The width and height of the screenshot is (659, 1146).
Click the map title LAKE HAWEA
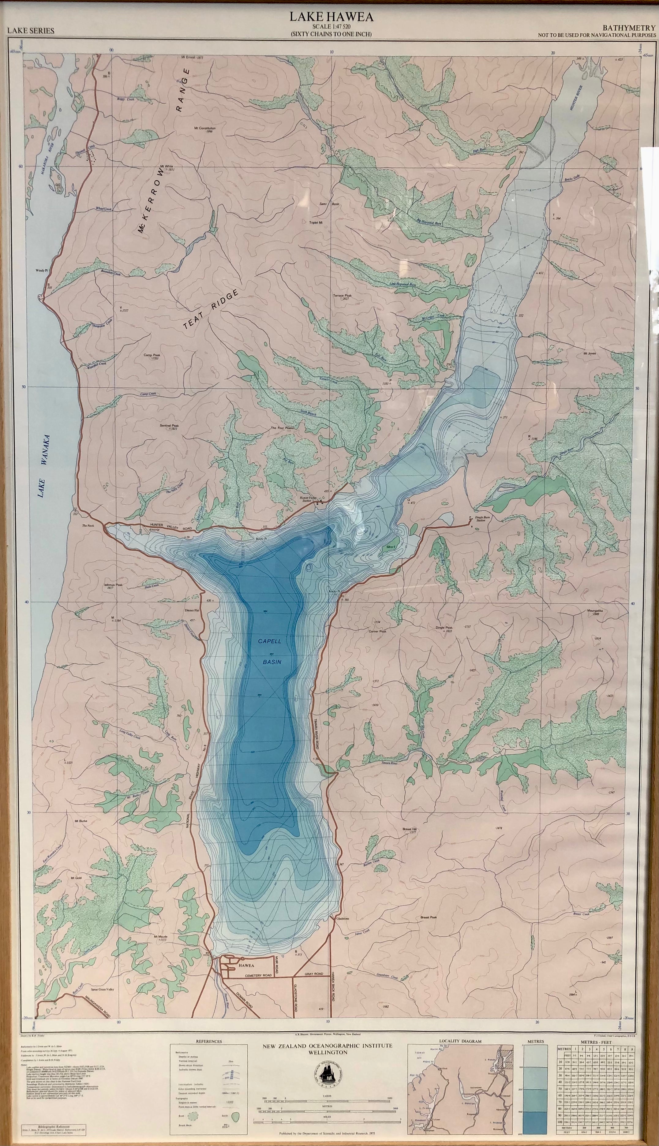pyautogui.click(x=332, y=17)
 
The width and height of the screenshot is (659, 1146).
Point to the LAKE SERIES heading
pyautogui.click(x=31, y=31)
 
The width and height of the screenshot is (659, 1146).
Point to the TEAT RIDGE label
pyautogui.click(x=211, y=310)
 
